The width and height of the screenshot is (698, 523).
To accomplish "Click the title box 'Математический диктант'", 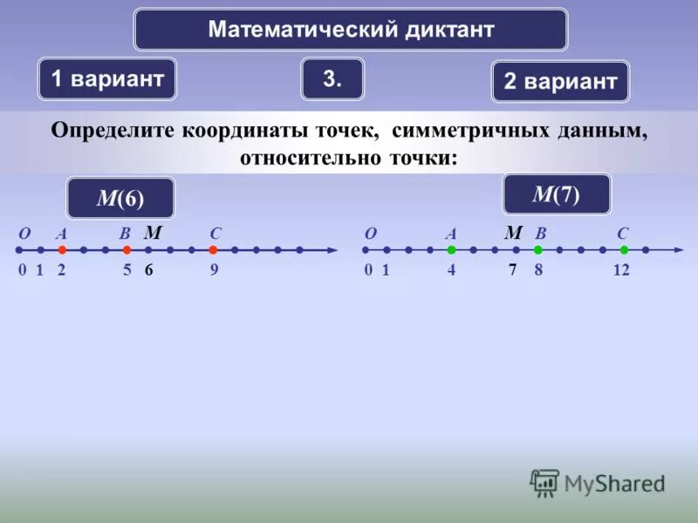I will (x=350, y=30).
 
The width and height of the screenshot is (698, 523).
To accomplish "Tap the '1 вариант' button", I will (x=107, y=78).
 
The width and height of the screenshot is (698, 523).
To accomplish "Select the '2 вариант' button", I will (x=560, y=82).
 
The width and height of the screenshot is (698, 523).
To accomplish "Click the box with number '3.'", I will (x=332, y=78).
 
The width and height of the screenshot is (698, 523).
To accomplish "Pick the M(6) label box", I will (x=120, y=198).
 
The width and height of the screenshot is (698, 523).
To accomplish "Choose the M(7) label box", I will (x=556, y=194).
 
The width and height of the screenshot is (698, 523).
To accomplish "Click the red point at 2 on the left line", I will (x=62, y=250).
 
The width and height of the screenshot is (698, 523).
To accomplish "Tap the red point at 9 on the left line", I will (x=213, y=250).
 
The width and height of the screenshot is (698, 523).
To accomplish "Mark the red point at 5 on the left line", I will (x=127, y=250).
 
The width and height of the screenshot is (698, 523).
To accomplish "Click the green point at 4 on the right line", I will (x=452, y=250).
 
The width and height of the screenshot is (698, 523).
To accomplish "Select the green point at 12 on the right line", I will (x=624, y=250).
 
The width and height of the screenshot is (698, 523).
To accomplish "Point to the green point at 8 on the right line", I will (x=538, y=250).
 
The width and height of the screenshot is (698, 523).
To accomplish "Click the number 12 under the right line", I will (x=621, y=270).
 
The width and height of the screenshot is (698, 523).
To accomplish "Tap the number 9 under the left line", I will (x=214, y=270).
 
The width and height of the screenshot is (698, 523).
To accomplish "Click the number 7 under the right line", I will (x=514, y=270).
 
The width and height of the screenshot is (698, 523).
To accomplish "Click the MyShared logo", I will (x=598, y=482).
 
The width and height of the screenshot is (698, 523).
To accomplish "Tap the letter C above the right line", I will (x=622, y=234).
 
